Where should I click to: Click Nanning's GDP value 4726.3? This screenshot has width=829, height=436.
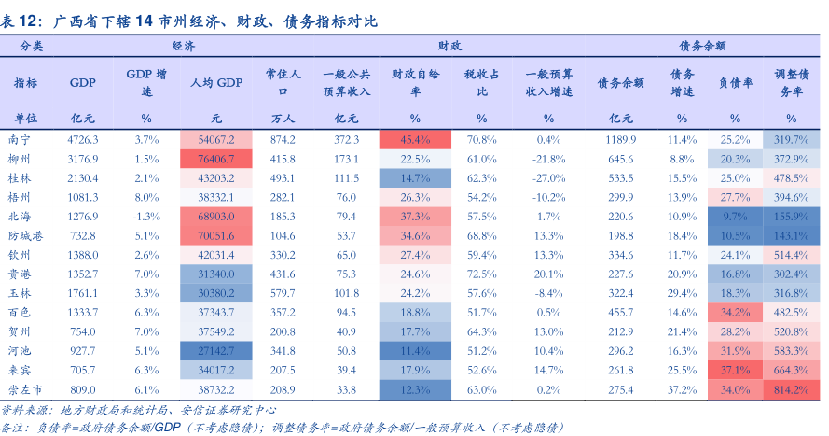(x=83, y=139)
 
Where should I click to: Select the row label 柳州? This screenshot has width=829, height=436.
(x=20, y=159)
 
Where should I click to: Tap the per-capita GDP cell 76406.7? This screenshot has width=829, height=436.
(x=216, y=159)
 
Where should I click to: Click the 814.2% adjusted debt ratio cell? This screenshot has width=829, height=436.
(x=791, y=388)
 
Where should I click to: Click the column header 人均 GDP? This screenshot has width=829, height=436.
(x=216, y=82)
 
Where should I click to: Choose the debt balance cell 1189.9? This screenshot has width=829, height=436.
(x=621, y=139)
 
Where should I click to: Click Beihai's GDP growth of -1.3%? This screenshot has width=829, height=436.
(x=146, y=217)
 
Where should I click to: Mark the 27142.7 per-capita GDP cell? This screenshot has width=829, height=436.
(x=216, y=350)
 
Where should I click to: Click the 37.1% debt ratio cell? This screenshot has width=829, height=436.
(x=735, y=370)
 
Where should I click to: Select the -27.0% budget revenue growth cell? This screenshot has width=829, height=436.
(x=549, y=177)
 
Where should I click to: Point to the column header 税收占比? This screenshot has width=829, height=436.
(x=482, y=82)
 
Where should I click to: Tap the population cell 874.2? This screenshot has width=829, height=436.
(x=283, y=139)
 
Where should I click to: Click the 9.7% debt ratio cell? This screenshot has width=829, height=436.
(x=735, y=217)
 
